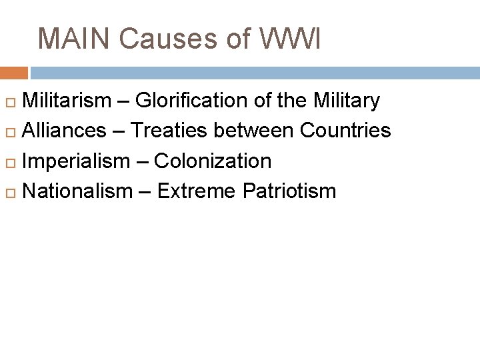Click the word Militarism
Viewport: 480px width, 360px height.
[x=67, y=101]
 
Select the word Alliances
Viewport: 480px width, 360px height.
[x=64, y=131]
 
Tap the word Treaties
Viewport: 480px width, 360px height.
[x=168, y=131]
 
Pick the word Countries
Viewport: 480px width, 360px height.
[x=345, y=131]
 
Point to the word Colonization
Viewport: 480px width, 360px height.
[x=213, y=161]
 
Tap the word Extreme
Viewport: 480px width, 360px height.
[x=197, y=191]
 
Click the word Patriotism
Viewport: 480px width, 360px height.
[x=289, y=191]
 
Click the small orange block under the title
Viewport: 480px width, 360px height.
[x=13, y=73]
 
